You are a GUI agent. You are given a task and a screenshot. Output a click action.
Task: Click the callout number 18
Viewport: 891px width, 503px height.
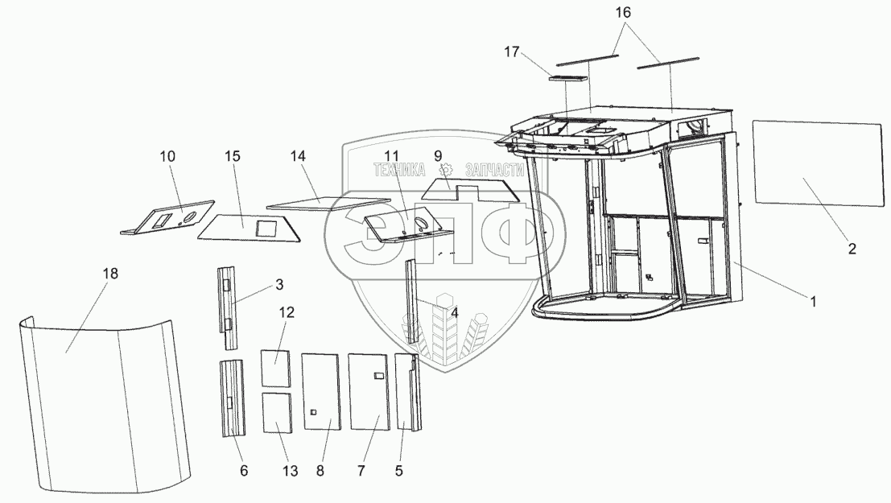pos(109,274)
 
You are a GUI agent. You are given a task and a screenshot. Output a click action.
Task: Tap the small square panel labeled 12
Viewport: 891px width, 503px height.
pos(275,369)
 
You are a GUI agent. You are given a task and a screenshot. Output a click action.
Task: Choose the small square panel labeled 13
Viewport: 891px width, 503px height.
pos(277,413)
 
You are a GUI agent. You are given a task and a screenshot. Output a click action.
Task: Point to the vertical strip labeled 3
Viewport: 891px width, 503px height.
pos(229,307)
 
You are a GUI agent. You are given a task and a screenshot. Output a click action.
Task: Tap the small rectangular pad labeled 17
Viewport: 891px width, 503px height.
pos(567,78)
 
